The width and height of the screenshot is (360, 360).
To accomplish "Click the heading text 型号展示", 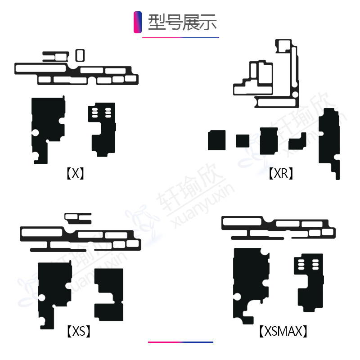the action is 182,22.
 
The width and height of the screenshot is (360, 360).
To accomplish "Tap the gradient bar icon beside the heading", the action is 138,22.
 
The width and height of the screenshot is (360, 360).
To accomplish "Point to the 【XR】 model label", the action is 281,173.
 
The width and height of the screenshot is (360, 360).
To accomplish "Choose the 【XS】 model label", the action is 78,332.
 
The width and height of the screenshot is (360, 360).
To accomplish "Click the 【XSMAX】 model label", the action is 284,332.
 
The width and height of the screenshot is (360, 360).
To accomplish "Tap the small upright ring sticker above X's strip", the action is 79,55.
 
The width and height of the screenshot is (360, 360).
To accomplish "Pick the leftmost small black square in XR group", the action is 216,140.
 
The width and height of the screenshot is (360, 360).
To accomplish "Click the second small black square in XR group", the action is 243,141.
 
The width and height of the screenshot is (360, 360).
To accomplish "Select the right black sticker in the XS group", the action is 109,294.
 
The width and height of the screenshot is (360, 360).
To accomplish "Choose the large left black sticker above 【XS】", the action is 54,288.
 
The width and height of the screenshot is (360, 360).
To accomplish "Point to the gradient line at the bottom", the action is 180,342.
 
